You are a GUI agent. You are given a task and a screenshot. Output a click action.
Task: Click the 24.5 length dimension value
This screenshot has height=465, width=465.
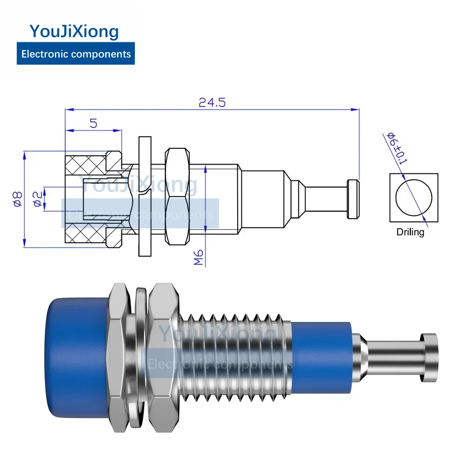tap(212, 103)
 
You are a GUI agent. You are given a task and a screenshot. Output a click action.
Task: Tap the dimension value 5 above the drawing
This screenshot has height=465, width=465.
tap(93, 123)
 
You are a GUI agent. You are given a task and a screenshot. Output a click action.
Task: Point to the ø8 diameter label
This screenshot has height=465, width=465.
tap(18, 199)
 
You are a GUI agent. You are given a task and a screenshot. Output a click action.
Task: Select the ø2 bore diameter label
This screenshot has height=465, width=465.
tap(38, 199)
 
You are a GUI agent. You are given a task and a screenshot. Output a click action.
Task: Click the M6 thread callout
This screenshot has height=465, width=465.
tap(199, 257)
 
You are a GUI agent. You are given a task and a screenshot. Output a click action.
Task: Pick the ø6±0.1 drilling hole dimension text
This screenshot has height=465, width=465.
tap(397, 148)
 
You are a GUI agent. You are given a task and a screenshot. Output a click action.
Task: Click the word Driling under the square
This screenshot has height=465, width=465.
tap(410, 232)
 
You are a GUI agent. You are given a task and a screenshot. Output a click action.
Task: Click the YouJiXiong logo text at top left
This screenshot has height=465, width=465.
tap(74, 31)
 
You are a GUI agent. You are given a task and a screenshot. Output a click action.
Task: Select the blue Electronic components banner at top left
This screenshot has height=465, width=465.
tap(76, 53)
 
